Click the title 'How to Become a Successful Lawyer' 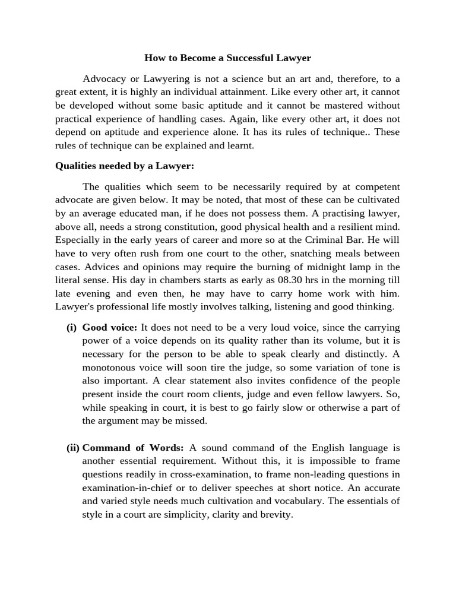click(x=228, y=58)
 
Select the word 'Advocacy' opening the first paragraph click(x=103, y=79)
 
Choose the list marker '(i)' click(x=71, y=328)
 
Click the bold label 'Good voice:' click(x=110, y=328)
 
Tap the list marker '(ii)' click(x=72, y=448)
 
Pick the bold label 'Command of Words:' click(x=134, y=448)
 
